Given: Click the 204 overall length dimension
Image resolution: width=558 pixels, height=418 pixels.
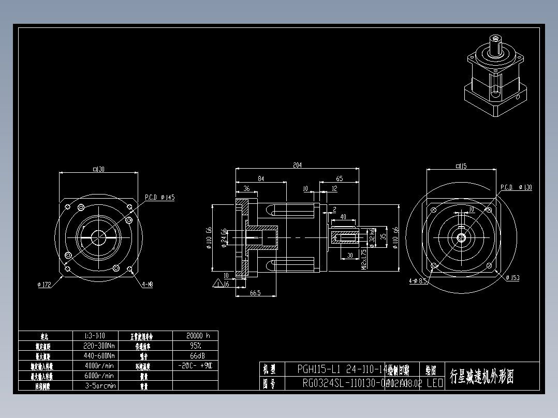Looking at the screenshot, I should click(x=297, y=165).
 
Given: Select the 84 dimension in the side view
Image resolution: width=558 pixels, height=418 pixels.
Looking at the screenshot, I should click(x=261, y=178).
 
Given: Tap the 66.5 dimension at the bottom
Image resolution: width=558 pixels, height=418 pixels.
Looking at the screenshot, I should click(x=255, y=293).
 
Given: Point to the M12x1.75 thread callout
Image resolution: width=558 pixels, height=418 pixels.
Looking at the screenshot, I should click(x=364, y=259).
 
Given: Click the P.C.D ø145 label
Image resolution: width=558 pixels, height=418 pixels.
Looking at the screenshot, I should click(x=159, y=197).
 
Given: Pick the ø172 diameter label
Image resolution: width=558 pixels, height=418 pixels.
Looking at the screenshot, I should click(x=45, y=284).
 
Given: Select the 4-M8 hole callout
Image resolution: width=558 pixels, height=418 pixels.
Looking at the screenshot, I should click(x=148, y=284).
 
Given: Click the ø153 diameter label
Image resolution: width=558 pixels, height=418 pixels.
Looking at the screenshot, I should click(x=512, y=278).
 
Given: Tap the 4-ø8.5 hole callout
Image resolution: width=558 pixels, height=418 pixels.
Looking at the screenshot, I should click(x=417, y=281).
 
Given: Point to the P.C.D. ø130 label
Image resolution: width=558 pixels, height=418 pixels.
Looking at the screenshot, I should click(x=516, y=187).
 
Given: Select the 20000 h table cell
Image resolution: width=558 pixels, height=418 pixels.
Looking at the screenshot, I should click(x=195, y=336).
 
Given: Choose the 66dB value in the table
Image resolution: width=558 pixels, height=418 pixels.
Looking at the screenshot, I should click(x=195, y=356).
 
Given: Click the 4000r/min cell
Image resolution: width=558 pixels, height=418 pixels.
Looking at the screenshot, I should click(x=99, y=366).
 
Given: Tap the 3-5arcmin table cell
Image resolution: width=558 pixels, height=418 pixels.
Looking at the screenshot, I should click(x=99, y=385).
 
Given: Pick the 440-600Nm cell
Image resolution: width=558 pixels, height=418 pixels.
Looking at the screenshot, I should click(x=99, y=356).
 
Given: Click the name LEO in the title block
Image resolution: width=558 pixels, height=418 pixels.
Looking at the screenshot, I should click(x=434, y=383).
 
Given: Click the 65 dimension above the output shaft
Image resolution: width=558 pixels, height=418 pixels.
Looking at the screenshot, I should click(x=340, y=178).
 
